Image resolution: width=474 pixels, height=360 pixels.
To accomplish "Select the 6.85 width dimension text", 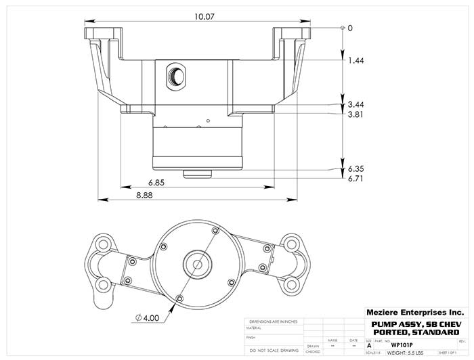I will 156,183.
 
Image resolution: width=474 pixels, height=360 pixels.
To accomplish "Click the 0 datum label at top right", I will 350,28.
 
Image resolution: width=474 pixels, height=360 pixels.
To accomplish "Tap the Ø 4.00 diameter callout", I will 148,317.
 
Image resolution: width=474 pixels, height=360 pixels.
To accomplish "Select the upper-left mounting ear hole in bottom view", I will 103,243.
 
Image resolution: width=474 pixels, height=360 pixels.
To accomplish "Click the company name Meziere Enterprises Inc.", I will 414,313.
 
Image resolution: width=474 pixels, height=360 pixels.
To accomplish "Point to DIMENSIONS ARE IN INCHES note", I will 274,321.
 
